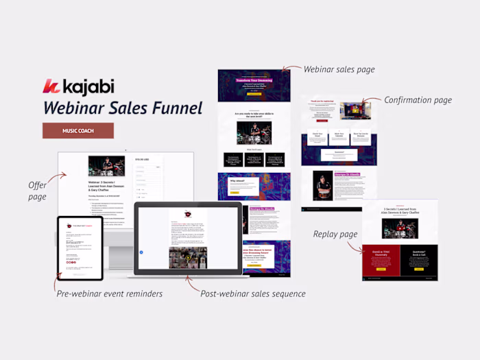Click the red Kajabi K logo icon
coord(51,87)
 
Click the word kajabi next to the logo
coord(87,87)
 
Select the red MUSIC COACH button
coord(78,130)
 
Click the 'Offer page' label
coord(37,191)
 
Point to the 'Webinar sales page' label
coord(338,69)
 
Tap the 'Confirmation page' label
coord(418,100)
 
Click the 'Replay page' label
coord(335,234)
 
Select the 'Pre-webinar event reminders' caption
coord(110,293)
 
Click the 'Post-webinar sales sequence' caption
coord(253,293)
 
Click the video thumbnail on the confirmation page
coord(355,111)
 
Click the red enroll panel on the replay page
coord(381,261)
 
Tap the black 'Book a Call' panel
coord(419,261)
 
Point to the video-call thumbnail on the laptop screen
coord(188,257)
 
